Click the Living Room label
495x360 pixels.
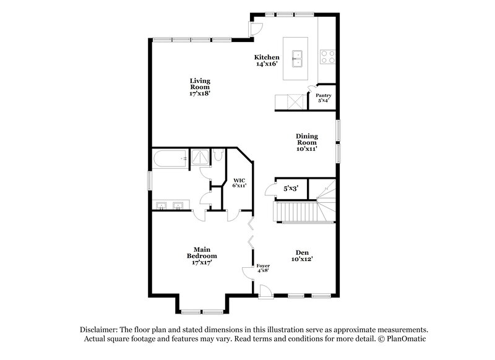point(200,87)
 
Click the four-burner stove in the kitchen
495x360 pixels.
point(327,58)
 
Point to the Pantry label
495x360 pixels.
point(324,98)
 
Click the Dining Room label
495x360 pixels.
point(306,142)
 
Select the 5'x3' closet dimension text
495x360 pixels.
point(291,188)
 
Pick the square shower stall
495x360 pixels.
point(200,158)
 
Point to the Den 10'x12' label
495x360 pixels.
point(303,255)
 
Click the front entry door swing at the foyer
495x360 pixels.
point(265,291)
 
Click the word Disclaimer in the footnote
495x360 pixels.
point(100,330)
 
